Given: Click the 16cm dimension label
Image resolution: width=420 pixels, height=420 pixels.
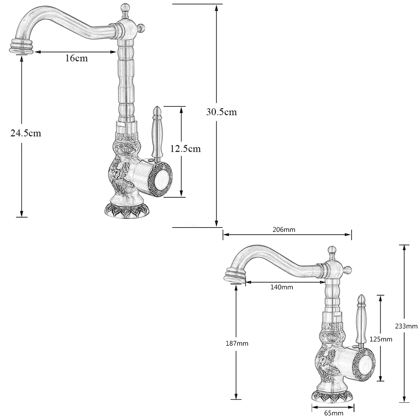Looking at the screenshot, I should [76, 58].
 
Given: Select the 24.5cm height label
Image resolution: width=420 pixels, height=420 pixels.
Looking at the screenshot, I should [26, 133].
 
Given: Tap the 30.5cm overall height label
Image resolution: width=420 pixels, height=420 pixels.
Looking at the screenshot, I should [221, 112].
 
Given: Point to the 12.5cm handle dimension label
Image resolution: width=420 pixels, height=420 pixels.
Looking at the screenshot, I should [185, 148].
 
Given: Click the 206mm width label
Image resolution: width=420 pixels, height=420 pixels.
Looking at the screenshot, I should [284, 229].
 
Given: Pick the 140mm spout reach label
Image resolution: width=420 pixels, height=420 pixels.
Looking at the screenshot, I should [281, 287].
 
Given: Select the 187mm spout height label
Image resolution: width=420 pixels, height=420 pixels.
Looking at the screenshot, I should [237, 343].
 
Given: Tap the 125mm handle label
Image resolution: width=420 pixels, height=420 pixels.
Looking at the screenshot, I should [381, 339].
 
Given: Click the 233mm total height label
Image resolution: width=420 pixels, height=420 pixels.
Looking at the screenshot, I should [406, 325].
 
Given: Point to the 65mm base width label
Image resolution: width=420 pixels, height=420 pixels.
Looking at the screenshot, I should [334, 413].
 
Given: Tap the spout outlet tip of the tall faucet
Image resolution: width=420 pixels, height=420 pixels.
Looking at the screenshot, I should [21, 47].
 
